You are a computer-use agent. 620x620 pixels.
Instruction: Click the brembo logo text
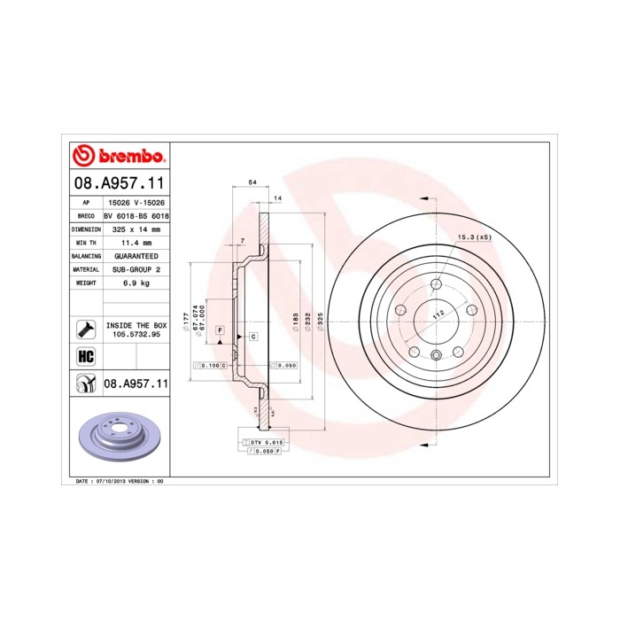129,157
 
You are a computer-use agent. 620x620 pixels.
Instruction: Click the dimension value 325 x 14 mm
136,229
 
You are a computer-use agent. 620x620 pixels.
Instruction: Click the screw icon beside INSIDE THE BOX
86,329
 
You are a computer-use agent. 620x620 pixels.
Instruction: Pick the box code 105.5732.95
136,336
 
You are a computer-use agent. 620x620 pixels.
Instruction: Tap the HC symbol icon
86,357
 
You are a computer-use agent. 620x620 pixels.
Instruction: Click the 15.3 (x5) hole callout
474,237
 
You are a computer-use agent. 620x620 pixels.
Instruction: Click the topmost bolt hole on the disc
436,285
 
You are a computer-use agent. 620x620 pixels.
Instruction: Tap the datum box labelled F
219,329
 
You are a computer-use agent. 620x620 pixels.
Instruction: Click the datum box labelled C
252,337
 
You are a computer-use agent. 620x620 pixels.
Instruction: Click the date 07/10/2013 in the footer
110,481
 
